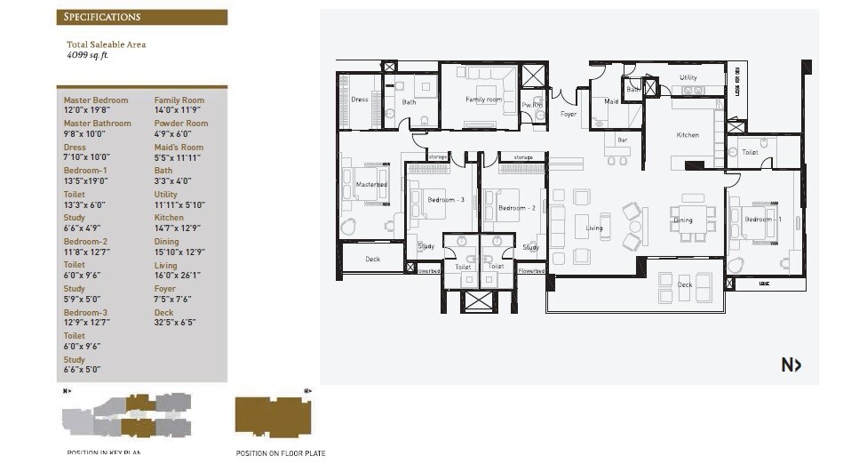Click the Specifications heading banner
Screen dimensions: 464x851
141,17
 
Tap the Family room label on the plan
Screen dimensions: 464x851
483,100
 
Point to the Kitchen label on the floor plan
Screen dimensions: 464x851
688,135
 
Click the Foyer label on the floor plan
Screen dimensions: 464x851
568,115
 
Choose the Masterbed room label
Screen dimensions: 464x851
370,185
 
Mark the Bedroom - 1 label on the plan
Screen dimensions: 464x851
763,219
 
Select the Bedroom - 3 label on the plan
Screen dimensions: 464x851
446,200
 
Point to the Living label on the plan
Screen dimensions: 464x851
593,228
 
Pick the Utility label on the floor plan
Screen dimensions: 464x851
688,77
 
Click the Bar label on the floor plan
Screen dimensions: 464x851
623,140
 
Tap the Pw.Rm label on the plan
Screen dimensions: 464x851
532,106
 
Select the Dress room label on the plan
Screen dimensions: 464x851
359,100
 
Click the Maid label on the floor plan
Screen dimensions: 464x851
611,101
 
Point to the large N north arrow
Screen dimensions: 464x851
791,364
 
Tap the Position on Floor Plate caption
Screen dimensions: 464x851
280,453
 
